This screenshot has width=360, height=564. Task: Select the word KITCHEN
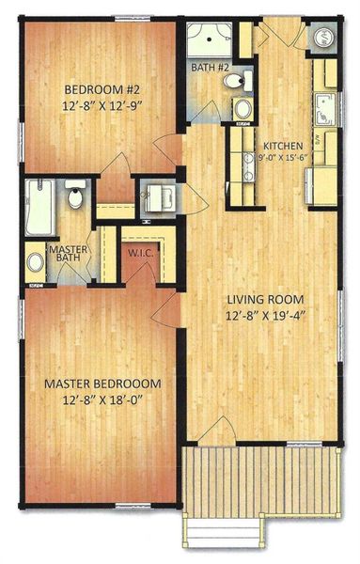point(282,146)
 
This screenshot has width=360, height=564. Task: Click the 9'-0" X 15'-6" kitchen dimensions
point(282,158)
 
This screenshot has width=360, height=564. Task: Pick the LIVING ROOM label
point(265,300)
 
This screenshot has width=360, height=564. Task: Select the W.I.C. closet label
point(136,252)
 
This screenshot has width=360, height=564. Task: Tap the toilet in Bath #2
point(233,82)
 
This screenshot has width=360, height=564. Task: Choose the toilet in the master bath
point(76,197)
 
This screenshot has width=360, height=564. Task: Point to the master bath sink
point(35,260)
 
